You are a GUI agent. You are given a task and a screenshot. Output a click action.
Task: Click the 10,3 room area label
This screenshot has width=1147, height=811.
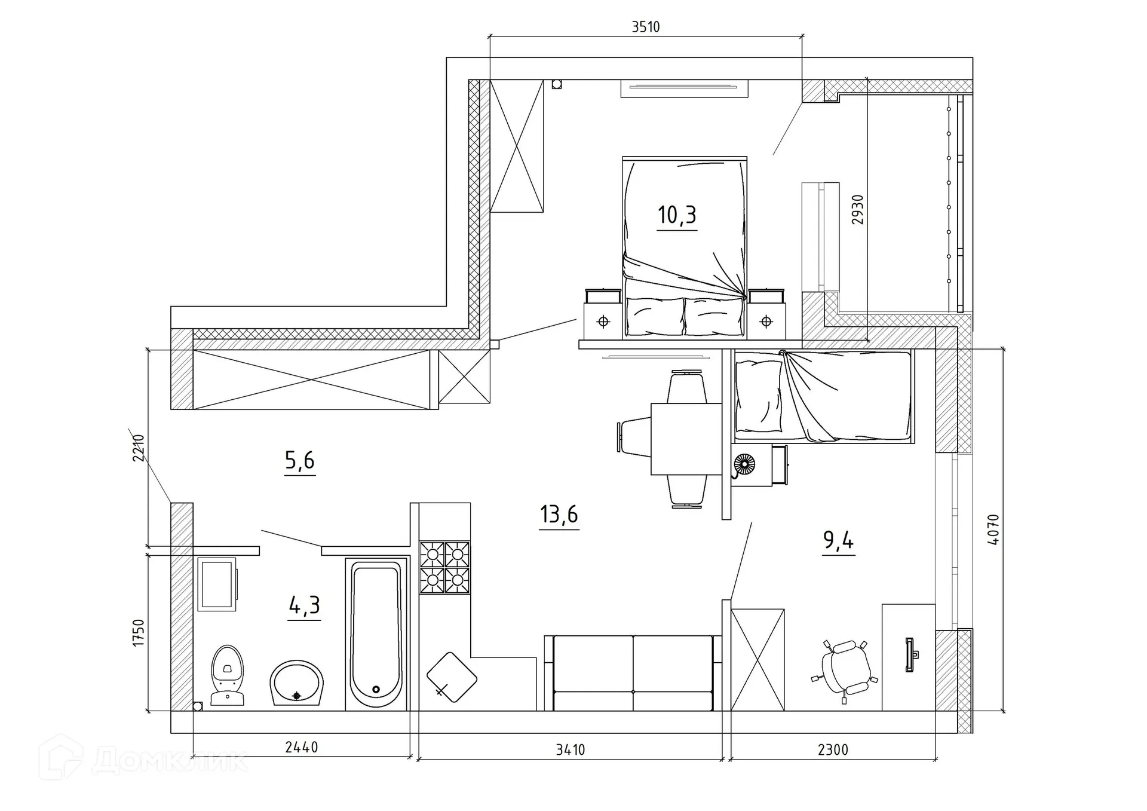click(677, 215)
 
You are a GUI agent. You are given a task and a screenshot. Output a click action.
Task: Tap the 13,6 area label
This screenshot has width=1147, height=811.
click(559, 515)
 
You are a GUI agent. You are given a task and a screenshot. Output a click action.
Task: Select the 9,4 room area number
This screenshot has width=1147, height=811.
click(838, 540)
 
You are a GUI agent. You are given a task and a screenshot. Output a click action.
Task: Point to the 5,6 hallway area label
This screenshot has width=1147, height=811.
click(299, 461)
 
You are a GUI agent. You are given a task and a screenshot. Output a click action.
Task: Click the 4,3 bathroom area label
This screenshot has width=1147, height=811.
click(304, 605)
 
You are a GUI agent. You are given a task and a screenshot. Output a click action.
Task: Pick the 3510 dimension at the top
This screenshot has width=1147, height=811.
click(646, 27)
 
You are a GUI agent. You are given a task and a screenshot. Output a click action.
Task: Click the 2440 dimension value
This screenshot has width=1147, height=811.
click(302, 747)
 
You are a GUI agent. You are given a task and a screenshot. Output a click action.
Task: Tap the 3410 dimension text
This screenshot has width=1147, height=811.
click(571, 749)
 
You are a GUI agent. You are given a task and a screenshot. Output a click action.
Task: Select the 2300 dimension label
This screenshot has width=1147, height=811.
click(833, 749)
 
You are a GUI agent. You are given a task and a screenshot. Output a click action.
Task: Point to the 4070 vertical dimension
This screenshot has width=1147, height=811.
click(993, 530)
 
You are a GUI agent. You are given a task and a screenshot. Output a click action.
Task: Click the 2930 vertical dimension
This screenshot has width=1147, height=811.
click(857, 210)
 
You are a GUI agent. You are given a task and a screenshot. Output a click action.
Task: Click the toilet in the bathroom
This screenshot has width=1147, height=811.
click(228, 675)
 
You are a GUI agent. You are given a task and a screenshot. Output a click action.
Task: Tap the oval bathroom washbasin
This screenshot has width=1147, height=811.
click(296, 683)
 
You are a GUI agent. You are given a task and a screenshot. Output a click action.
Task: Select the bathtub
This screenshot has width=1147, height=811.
click(376, 634)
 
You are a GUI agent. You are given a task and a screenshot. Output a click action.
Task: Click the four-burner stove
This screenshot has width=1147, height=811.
click(444, 568)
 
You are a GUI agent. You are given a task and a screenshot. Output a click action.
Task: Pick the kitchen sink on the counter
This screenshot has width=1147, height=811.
click(452, 677)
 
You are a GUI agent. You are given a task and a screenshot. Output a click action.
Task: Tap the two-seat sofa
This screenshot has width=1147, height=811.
click(633, 673)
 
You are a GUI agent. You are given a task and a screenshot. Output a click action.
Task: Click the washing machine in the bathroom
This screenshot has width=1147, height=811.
click(217, 584)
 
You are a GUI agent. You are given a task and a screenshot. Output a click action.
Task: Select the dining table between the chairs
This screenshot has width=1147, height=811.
click(686, 439)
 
